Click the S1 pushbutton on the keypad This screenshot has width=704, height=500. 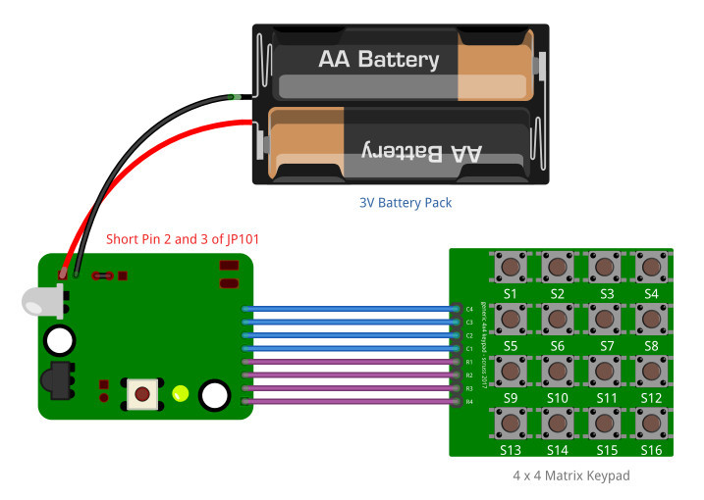click(x=510, y=267)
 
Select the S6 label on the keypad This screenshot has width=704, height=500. click(x=557, y=346)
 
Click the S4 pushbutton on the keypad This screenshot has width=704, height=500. click(x=651, y=267)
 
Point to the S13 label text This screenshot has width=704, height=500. click(x=510, y=450)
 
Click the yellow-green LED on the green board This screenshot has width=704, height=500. click(x=180, y=394)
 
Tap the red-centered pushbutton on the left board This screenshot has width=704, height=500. click(x=143, y=394)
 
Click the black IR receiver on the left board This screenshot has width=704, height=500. click(x=56, y=380)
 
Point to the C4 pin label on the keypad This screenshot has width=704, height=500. click(x=469, y=310)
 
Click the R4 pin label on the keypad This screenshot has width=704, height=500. click(x=469, y=401)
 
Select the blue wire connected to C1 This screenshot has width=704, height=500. click(x=349, y=349)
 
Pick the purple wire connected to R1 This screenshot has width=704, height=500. click(x=349, y=362)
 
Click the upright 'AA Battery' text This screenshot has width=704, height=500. click(x=378, y=60)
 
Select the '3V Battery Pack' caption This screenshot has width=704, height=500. click(x=405, y=203)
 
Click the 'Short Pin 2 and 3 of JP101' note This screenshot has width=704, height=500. click(x=183, y=239)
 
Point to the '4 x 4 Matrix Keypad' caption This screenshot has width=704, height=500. click(x=570, y=475)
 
